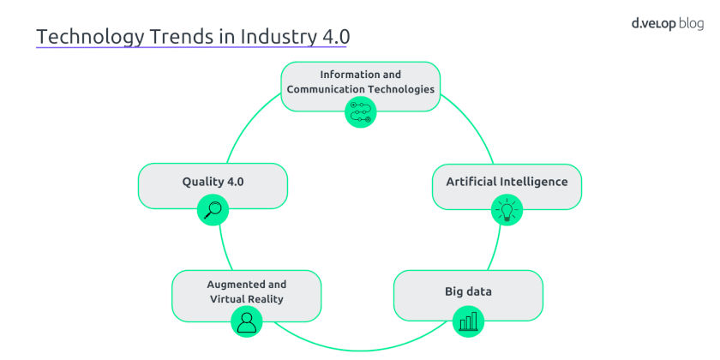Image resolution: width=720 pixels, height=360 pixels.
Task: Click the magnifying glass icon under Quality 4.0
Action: (213, 210)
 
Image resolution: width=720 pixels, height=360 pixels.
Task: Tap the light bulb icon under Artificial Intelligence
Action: (507, 210)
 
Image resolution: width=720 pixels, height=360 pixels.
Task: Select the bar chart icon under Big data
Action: (468, 321)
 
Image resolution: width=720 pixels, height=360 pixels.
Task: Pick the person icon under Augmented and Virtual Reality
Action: (247, 322)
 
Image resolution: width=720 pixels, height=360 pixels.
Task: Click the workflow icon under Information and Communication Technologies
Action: (361, 112)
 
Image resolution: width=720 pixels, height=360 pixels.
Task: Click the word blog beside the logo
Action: (691, 24)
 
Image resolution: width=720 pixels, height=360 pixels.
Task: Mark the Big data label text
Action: (468, 291)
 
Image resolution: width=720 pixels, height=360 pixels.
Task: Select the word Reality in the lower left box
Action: (267, 299)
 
